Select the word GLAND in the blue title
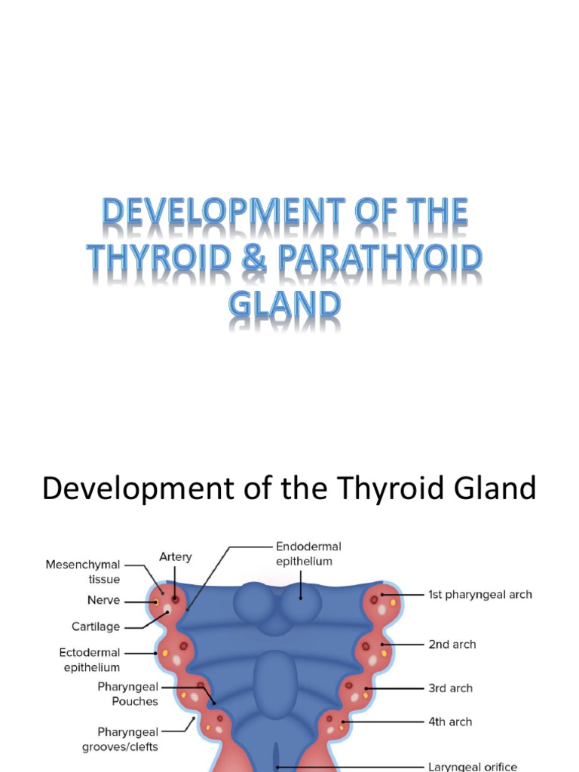284,306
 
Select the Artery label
176,556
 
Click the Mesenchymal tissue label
83,571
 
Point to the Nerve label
103,601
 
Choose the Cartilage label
96,626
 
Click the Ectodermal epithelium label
89,660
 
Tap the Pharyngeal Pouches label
128,694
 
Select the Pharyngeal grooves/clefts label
127,740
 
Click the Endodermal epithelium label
308,553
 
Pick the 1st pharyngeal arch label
480,594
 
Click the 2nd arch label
452,645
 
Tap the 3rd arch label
451,688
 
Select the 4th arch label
450,721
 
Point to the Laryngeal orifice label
472,767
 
